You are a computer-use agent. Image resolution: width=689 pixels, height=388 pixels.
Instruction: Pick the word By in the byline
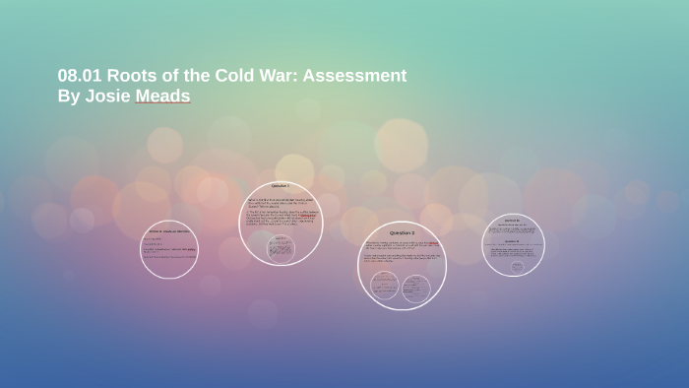[x=69, y=96]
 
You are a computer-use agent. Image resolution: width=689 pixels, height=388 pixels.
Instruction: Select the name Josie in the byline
[x=108, y=96]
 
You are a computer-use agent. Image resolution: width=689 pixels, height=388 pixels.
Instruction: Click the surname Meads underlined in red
[x=163, y=96]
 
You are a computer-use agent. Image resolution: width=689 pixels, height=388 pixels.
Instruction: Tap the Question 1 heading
[x=281, y=186]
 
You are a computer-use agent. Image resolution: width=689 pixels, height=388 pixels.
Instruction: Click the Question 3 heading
[x=402, y=232]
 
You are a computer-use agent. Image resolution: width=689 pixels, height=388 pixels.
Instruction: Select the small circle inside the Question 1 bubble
[x=281, y=248]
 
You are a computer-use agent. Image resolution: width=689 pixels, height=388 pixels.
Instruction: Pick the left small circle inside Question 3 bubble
[x=385, y=286]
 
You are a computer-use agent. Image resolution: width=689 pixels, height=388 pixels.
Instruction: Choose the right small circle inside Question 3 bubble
[x=416, y=288]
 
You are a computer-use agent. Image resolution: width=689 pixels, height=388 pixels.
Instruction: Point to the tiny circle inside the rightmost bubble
[x=517, y=266]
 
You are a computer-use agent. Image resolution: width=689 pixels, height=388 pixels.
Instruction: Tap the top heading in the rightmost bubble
[x=513, y=221]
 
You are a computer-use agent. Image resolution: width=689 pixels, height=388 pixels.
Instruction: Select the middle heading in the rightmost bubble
[x=513, y=241]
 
